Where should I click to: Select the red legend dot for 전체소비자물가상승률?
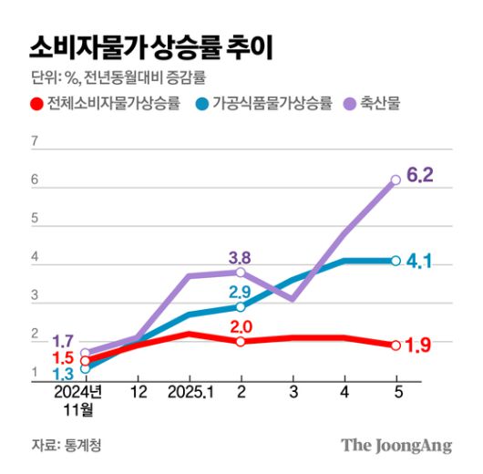36,103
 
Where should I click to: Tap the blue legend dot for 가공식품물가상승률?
201,103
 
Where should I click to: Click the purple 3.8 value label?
240,256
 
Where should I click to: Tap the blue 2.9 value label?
240,293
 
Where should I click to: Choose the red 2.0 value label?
240,326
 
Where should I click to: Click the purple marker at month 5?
396,180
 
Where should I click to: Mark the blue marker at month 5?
396,261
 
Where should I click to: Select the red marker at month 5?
396,345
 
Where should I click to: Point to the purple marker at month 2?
240,272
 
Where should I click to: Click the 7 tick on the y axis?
34,141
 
